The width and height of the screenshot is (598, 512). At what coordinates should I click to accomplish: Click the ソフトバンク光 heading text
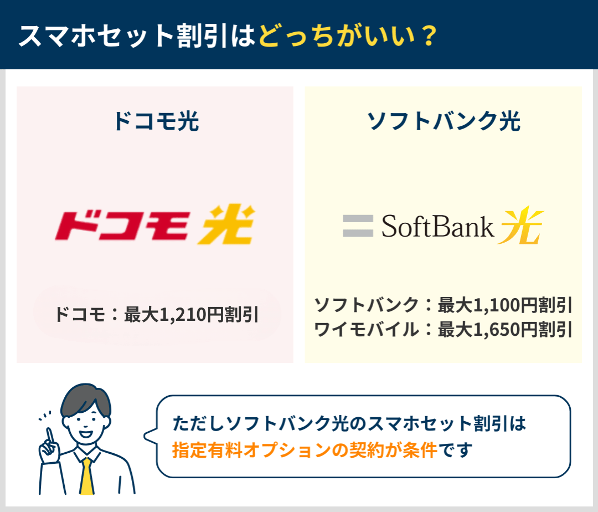(x=443, y=121)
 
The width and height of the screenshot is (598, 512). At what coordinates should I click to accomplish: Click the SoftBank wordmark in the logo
(x=437, y=226)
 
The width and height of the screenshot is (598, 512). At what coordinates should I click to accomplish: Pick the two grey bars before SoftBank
(x=358, y=226)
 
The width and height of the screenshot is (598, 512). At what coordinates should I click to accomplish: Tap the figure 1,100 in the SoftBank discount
(x=496, y=305)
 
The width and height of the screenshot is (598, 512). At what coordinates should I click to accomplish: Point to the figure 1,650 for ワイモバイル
(x=496, y=330)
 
